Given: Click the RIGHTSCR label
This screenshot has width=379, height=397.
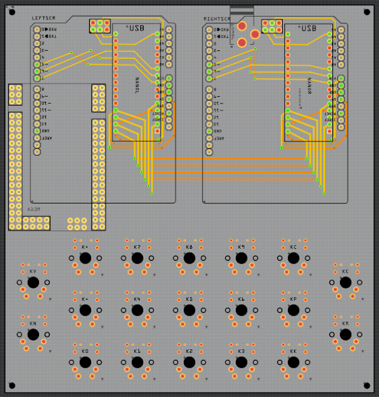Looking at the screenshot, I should point(216,18).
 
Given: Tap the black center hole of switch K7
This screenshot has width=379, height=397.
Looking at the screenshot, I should point(137,258).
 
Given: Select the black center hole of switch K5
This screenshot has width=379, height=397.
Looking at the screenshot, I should point(189,310).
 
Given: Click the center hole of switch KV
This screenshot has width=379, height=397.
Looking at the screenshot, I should point(33,283).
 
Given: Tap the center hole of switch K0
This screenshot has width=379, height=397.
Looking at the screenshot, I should point(85,362).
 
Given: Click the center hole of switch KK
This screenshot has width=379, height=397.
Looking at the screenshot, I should point(293,362).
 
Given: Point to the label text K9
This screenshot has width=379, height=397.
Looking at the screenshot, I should point(241,247).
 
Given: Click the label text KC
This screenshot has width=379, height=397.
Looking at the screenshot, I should point(293,247).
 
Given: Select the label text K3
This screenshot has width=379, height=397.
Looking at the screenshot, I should point(241,351).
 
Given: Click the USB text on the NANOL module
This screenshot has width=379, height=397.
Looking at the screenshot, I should point(135,29).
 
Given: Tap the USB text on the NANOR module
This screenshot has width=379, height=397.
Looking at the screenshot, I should point(307,29).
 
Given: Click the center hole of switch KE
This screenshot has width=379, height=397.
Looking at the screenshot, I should point(346,283).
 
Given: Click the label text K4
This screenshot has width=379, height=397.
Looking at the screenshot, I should point(137,299).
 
